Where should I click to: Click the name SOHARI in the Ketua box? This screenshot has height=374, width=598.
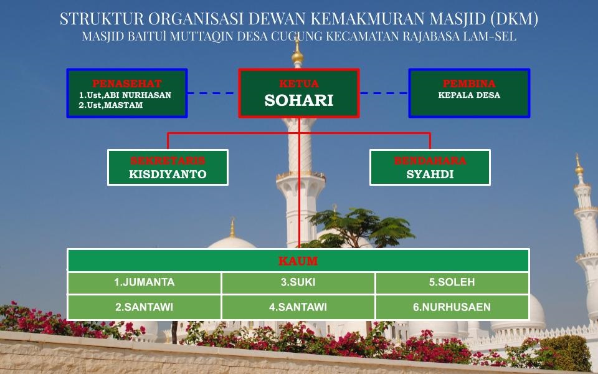pyautogui.click(x=298, y=100)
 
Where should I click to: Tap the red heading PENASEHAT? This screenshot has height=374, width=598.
pyautogui.click(x=127, y=83)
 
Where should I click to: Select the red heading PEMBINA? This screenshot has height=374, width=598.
pyautogui.click(x=469, y=83)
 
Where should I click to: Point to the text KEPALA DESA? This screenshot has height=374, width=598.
pyautogui.click(x=469, y=95)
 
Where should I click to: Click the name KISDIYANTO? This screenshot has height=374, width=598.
pyautogui.click(x=168, y=174)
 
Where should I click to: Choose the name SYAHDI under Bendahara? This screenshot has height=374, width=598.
pyautogui.click(x=430, y=174)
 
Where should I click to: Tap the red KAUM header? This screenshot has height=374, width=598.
pyautogui.click(x=298, y=261)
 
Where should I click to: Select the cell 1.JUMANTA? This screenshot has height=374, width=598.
pyautogui.click(x=144, y=282)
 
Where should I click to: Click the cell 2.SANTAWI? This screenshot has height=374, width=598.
pyautogui.click(x=144, y=307)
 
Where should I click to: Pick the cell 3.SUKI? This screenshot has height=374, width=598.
pyautogui.click(x=298, y=282)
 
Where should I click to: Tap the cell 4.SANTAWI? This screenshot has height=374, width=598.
pyautogui.click(x=298, y=307)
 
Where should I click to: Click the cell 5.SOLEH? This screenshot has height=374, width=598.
pyautogui.click(x=452, y=282)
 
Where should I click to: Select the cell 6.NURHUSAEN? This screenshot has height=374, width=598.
pyautogui.click(x=452, y=307)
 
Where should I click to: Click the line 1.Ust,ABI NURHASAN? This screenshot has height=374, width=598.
pyautogui.click(x=125, y=95)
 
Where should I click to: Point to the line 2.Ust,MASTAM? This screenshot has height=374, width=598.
pyautogui.click(x=111, y=105)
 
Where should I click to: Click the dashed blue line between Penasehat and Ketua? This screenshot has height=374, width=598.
pyautogui.click(x=211, y=93)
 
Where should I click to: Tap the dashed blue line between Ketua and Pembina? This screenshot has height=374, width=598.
pyautogui.click(x=384, y=93)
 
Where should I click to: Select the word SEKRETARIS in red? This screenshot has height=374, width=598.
pyautogui.click(x=168, y=161)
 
